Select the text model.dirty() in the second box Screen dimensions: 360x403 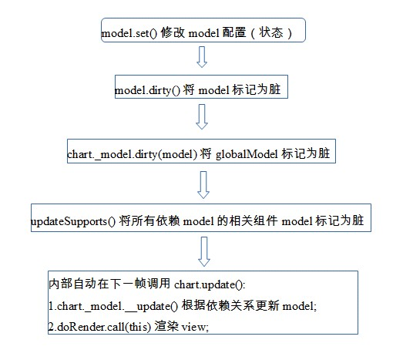click(x=146, y=90)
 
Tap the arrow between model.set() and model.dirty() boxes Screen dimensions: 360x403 click(x=202, y=57)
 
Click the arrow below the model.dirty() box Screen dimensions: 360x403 click(x=203, y=116)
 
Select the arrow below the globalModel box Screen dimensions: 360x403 click(x=203, y=184)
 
